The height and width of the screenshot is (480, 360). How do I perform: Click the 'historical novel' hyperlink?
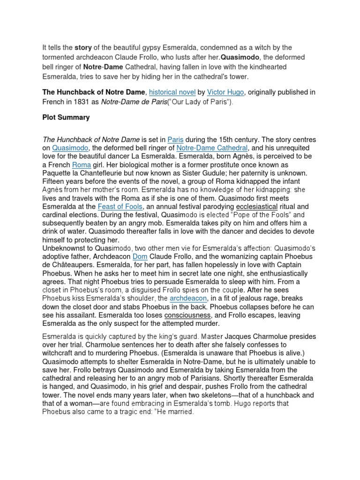coord(171,90)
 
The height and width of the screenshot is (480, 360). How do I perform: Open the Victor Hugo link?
coord(220,90)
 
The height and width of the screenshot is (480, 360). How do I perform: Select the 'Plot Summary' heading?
coord(66,117)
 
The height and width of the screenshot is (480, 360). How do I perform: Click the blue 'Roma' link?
coord(80,165)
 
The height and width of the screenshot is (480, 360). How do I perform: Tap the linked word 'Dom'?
coord(140,257)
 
